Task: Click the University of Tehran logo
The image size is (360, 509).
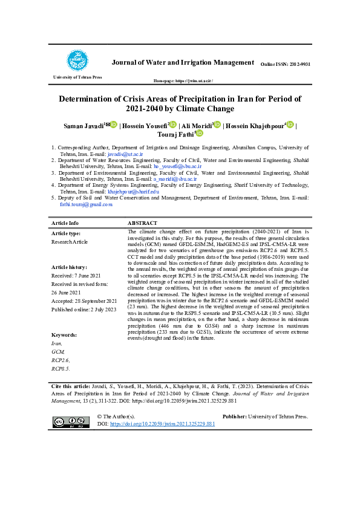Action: point(77,61)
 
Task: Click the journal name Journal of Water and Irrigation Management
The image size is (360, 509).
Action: point(182,62)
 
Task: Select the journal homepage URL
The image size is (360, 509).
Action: point(184,80)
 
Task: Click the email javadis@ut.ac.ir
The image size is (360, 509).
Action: point(129,154)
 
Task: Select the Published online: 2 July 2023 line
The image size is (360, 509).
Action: point(83,308)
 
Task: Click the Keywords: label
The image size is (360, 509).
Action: point(64,334)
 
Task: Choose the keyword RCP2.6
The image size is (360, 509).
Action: point(61,359)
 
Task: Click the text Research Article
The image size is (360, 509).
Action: point(70,241)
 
